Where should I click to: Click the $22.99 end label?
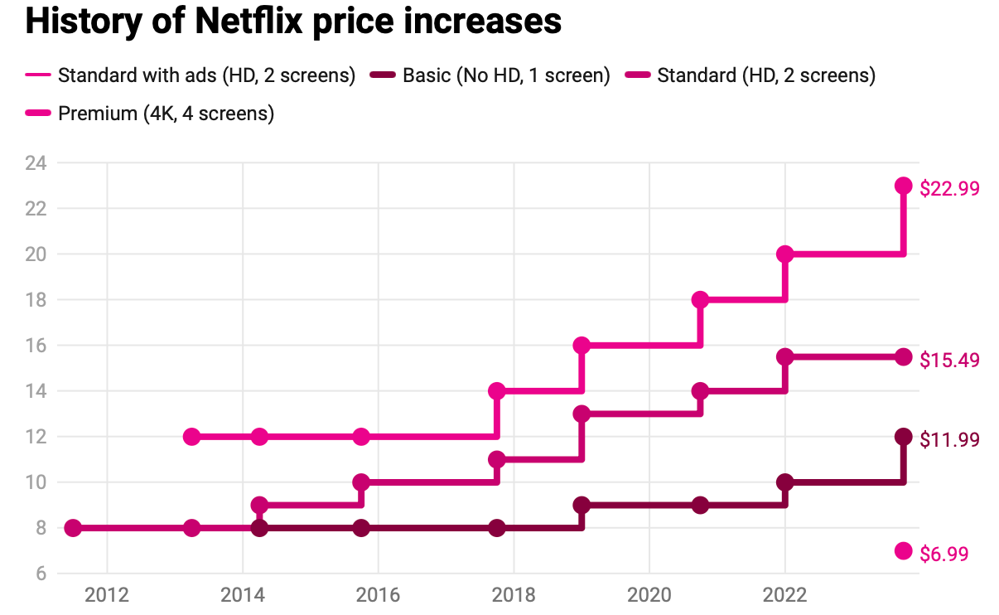[949, 188]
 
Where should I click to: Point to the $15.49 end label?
[949, 360]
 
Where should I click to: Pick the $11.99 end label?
[949, 439]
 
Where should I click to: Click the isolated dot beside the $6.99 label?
[904, 551]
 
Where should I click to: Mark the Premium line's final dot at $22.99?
[904, 186]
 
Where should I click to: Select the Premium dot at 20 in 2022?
[785, 254]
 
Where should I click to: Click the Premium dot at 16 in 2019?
[582, 346]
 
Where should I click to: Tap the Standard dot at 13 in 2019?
[582, 414]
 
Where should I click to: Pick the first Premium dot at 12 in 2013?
[192, 437]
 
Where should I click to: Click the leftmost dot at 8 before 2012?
[73, 528]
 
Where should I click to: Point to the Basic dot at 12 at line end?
[904, 437]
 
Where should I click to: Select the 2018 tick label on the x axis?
[514, 595]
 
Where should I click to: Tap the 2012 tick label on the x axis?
[107, 595]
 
